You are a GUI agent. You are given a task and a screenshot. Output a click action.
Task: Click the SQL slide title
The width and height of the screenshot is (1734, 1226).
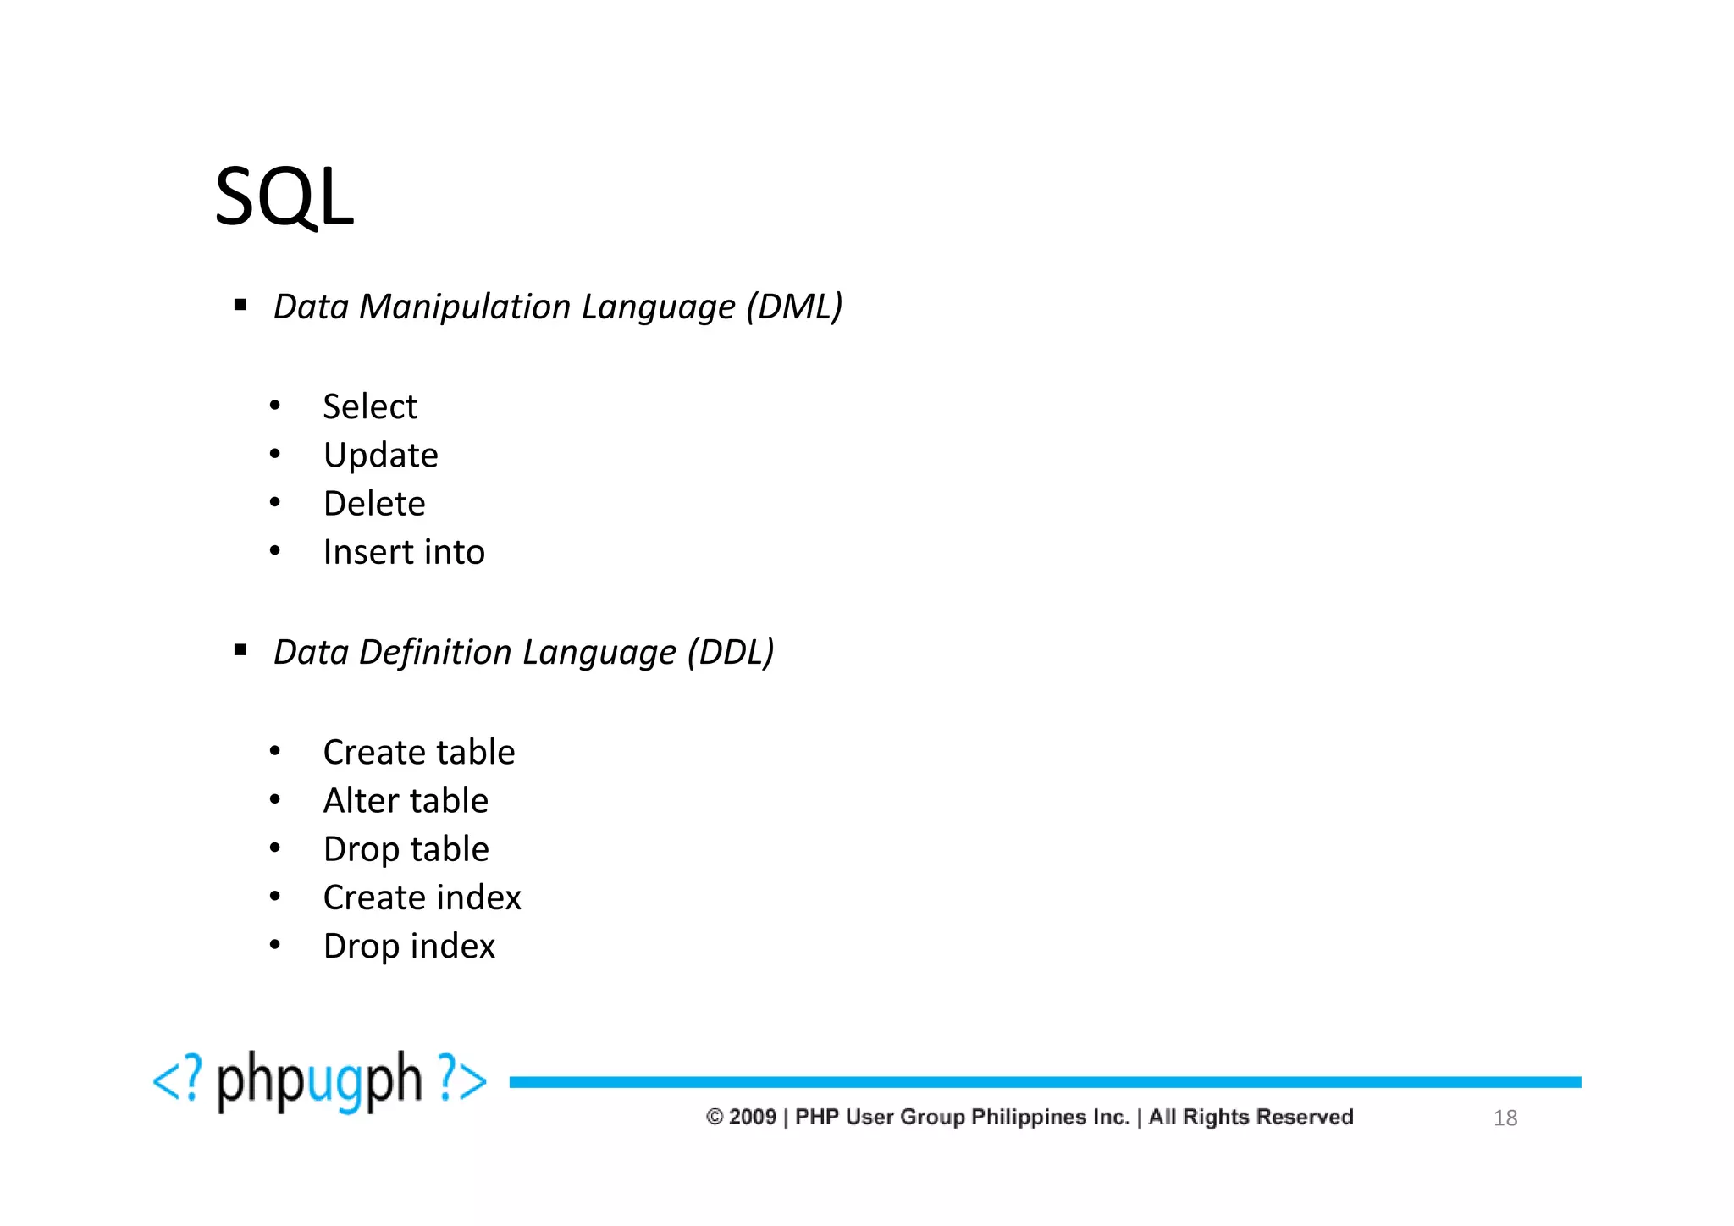point(284,196)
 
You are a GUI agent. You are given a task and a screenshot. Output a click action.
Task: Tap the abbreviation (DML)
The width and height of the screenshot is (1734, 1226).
point(794,306)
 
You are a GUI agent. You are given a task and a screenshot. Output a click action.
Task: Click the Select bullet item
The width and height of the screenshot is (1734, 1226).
point(370,407)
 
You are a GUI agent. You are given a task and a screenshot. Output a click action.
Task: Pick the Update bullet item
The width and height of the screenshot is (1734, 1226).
point(380,456)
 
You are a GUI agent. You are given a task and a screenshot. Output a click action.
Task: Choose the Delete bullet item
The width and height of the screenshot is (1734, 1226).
point(374,504)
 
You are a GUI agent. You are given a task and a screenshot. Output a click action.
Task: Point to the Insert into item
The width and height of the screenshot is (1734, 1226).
point(404,552)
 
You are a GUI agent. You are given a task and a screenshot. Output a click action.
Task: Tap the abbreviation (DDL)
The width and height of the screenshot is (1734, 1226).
point(731,652)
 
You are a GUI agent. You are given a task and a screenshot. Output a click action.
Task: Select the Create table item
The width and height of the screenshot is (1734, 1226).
point(419,752)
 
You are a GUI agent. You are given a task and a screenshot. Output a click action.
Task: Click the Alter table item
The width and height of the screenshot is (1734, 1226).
point(406,801)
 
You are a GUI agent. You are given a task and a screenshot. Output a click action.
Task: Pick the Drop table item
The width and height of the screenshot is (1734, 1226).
point(406,849)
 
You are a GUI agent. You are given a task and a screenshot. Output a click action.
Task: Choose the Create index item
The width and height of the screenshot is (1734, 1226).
point(422,897)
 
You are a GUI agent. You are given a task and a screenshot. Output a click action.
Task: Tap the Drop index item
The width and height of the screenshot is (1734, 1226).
point(409,946)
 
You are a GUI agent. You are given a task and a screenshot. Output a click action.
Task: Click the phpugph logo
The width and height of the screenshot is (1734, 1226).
point(319,1081)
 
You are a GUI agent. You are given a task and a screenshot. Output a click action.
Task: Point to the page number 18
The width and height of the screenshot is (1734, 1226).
point(1505,1118)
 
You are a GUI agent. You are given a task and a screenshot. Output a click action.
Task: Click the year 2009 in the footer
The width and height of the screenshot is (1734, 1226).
point(753,1117)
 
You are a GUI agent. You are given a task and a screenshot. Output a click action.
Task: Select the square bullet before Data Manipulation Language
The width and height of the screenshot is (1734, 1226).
point(240,305)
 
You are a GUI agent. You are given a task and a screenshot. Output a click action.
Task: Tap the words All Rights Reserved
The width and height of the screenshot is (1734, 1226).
point(1251,1117)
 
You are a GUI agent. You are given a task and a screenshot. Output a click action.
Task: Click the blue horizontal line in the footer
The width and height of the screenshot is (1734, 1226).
point(1045,1082)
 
